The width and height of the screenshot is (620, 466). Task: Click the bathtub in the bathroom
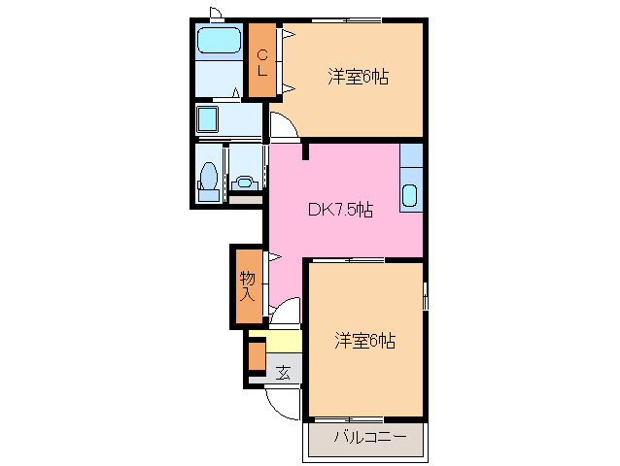pyautogui.click(x=219, y=40)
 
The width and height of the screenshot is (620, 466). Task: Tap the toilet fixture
pyautogui.click(x=208, y=182)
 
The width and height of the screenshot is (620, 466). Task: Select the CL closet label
pyautogui.click(x=262, y=62)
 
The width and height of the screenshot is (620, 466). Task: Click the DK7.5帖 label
pyautogui.click(x=340, y=210)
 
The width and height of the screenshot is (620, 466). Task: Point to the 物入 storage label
pyautogui.click(x=247, y=286)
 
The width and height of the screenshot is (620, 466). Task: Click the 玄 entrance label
pyautogui.click(x=283, y=372)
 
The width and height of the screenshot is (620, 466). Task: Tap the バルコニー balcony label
pyautogui.click(x=370, y=437)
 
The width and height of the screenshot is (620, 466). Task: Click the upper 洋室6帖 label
pyautogui.click(x=358, y=77)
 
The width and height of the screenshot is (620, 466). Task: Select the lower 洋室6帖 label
pyautogui.click(x=364, y=340)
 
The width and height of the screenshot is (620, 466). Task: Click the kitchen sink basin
pyautogui.click(x=410, y=195)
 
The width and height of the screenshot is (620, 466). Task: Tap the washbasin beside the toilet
pyautogui.click(x=244, y=183)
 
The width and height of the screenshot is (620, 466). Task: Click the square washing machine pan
pyautogui.click(x=208, y=119)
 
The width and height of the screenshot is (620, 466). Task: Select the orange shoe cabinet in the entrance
pyautogui.click(x=257, y=356)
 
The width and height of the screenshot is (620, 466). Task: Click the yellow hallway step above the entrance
pyautogui.click(x=284, y=341)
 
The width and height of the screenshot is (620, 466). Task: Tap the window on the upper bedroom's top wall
pyautogui.click(x=347, y=20)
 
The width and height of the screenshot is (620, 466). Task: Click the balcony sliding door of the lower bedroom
pyautogui.click(x=349, y=418)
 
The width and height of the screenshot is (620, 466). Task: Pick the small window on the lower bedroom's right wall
pyautogui.click(x=425, y=296)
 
